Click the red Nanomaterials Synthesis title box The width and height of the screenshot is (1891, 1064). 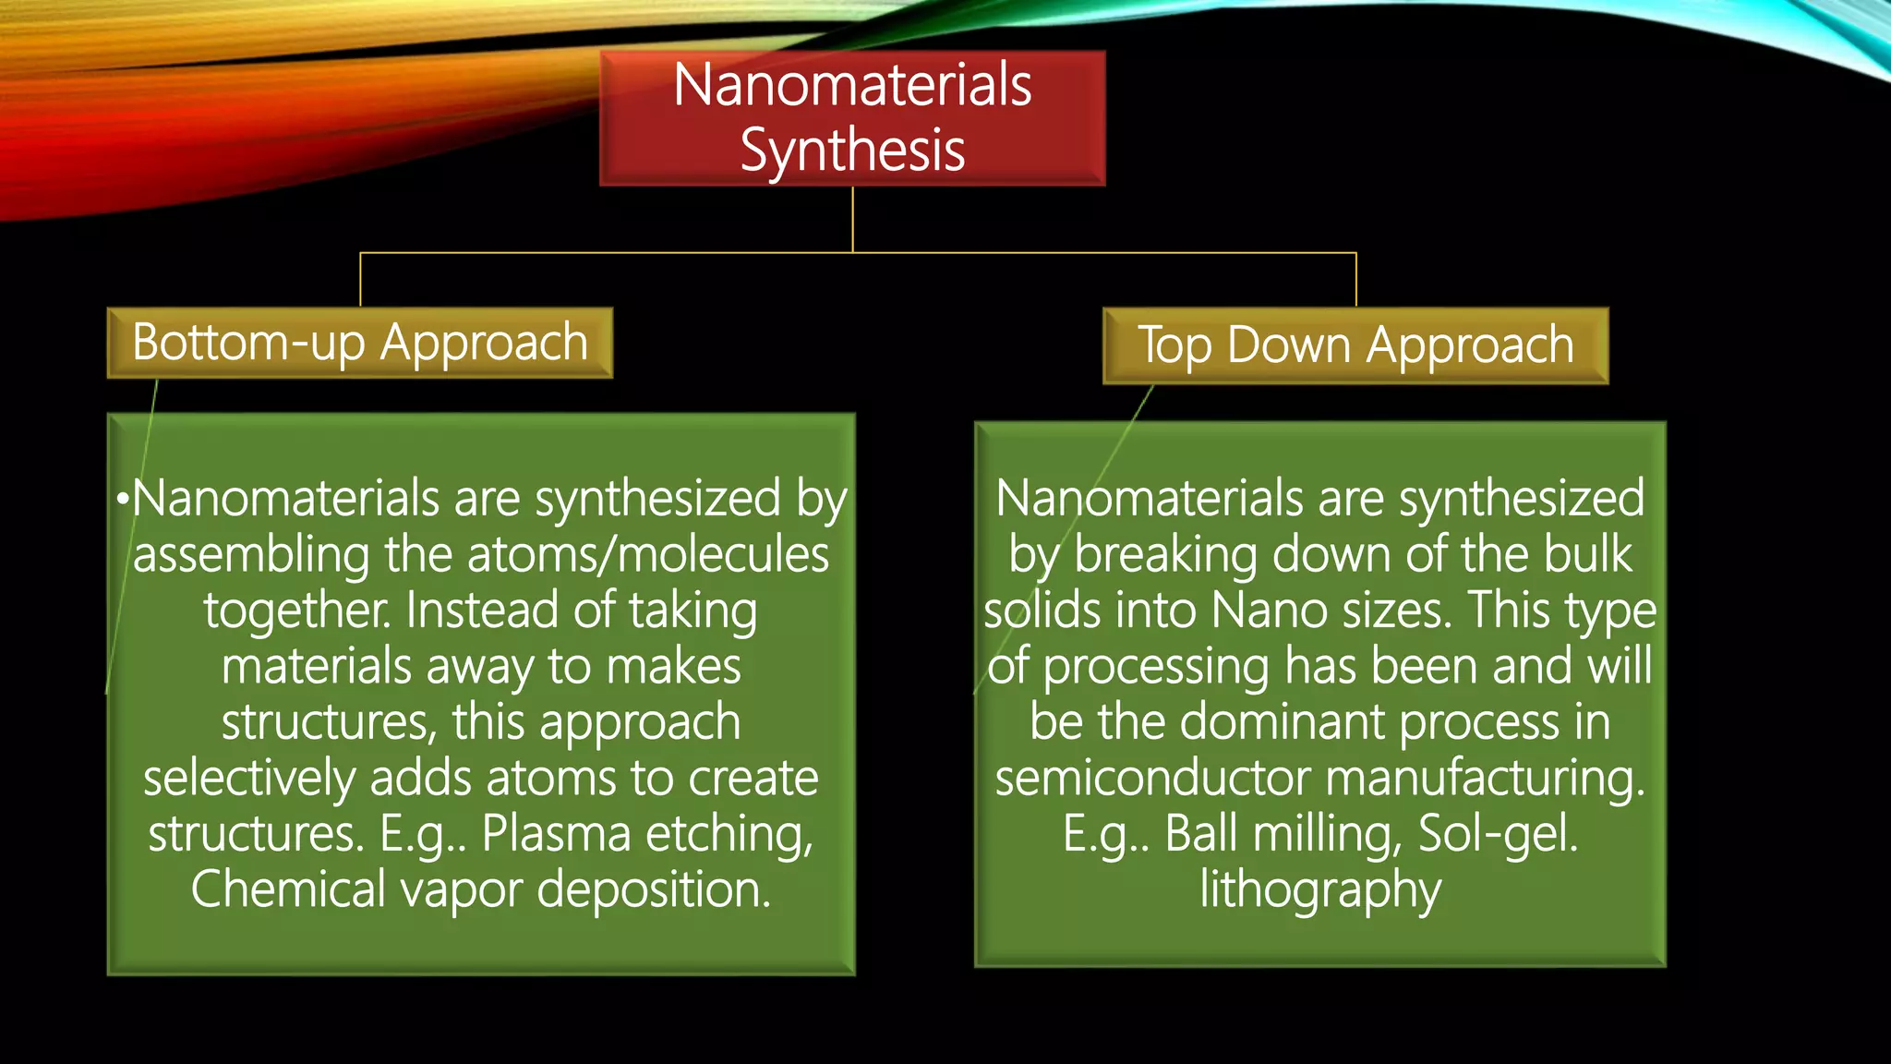852,118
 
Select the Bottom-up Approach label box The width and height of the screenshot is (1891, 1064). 359,343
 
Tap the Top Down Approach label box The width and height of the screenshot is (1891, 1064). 1355,345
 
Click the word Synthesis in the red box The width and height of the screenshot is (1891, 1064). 852,151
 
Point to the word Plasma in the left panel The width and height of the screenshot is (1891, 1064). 556,833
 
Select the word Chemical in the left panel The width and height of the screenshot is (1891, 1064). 288,889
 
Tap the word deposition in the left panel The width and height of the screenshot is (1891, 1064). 653,889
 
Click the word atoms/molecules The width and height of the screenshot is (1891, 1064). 648,554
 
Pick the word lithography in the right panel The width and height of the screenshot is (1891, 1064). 1320,889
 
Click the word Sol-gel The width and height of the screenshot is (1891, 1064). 1497,833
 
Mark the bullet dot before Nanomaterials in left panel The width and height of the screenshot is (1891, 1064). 122,500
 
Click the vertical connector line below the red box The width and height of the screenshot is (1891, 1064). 852,219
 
